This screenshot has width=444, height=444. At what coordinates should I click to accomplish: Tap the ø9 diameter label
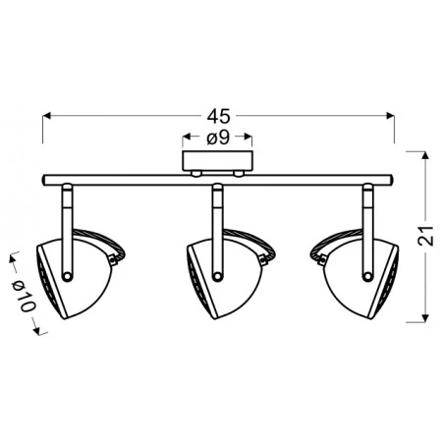[x=217, y=139]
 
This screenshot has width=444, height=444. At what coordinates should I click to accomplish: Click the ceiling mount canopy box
[x=217, y=160]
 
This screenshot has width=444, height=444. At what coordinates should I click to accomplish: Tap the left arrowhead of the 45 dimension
[x=47, y=116]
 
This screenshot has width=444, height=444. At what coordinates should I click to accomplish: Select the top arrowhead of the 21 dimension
[x=422, y=156]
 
